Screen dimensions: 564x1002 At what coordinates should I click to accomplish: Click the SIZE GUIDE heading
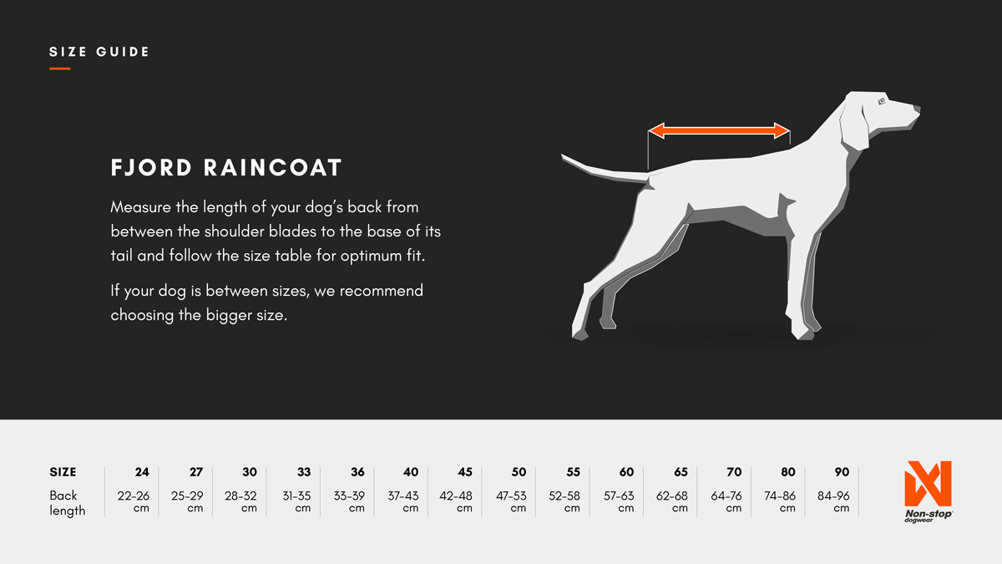point(99,52)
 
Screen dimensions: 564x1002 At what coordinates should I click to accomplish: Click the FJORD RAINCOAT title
point(226,168)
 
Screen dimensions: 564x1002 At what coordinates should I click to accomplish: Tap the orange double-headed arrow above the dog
point(719,130)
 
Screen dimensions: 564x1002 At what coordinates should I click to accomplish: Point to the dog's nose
point(916,109)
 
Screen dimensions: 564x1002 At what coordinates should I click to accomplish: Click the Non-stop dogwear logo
point(928,490)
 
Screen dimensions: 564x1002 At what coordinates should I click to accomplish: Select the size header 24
point(142,472)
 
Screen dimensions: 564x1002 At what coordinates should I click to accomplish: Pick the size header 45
point(465,472)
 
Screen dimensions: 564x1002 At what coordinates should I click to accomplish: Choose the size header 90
point(842,472)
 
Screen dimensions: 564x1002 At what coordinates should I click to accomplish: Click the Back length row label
point(67,503)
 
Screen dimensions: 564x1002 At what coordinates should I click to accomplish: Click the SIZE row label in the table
point(63,472)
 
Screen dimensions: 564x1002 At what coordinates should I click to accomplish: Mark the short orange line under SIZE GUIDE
point(59,69)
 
